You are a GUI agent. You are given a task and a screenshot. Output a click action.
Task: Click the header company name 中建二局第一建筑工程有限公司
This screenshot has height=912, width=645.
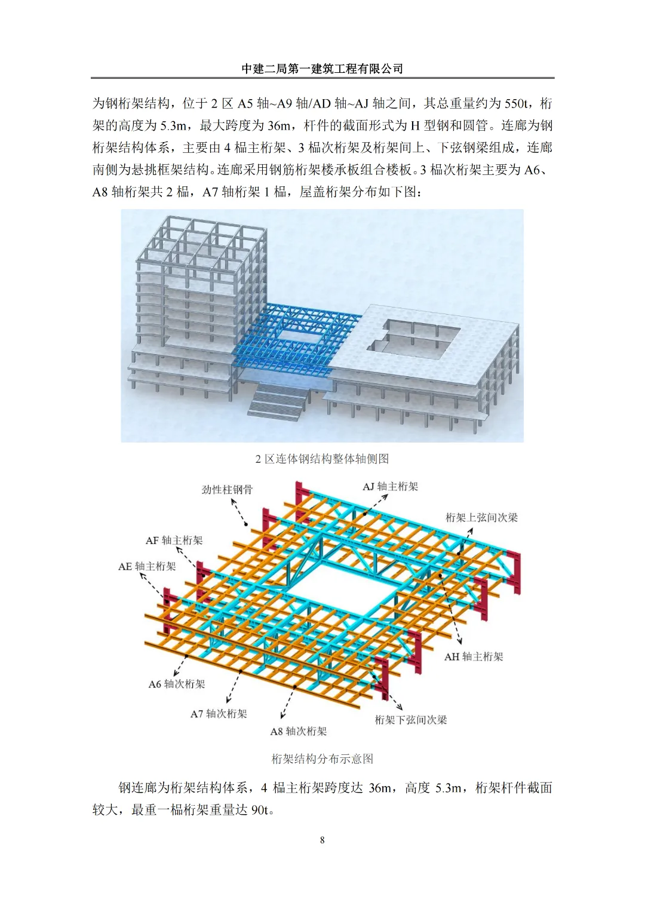322,69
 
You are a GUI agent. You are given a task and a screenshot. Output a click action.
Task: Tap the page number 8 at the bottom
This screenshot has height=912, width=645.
322,840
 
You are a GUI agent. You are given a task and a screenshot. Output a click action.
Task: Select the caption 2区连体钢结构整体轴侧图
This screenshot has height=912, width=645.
322,459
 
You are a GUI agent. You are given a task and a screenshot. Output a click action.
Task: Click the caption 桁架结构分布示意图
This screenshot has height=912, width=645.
322,759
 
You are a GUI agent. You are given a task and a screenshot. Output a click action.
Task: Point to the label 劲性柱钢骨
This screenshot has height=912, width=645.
227,490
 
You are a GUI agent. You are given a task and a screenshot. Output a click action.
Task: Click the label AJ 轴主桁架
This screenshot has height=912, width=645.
391,487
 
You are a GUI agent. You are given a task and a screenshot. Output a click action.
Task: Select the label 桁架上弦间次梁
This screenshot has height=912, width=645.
481,517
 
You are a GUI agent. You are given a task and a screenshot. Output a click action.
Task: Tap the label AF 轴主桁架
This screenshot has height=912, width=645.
174,541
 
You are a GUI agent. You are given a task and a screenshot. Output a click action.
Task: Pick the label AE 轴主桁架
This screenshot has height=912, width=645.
147,566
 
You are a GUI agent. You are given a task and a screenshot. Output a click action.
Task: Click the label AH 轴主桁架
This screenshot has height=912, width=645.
474,657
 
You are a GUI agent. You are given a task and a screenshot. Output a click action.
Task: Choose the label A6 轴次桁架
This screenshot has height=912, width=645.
177,684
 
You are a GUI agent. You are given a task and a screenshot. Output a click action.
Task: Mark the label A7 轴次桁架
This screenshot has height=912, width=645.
219,714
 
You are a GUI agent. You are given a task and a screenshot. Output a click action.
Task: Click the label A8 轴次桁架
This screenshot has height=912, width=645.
299,732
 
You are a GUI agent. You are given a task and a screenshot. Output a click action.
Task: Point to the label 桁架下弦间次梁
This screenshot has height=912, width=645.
411,720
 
